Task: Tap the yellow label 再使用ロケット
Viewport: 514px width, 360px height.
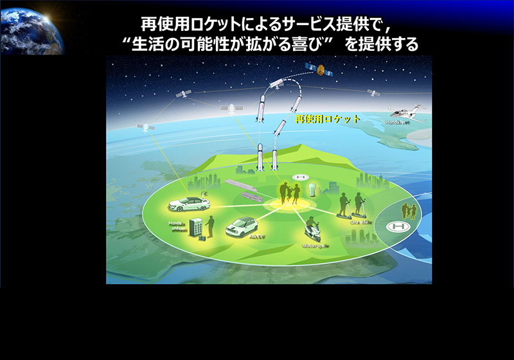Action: coord(327,120)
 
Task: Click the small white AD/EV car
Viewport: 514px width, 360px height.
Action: coord(242,226)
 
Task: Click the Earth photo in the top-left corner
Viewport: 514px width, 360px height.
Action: coord(32,27)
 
